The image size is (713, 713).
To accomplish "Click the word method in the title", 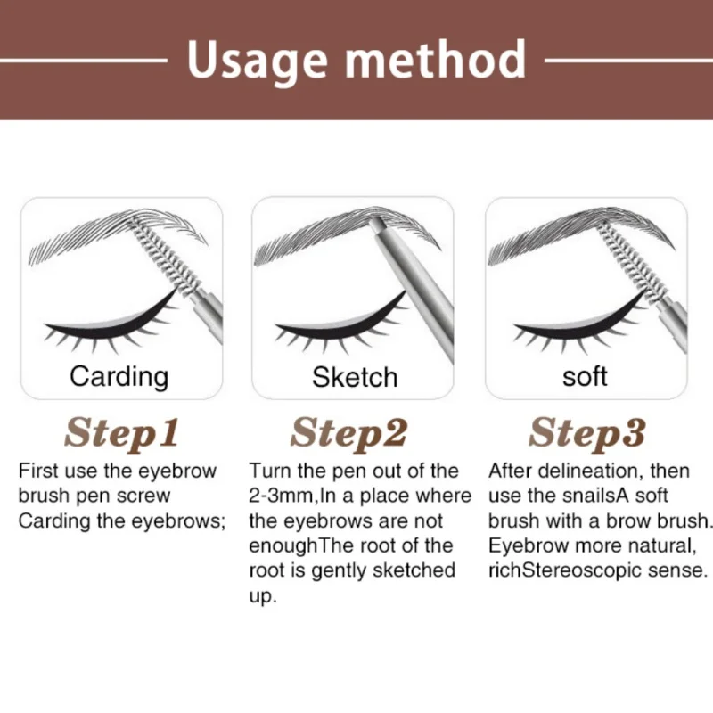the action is click(x=436, y=59).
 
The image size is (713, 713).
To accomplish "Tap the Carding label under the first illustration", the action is click(x=119, y=377).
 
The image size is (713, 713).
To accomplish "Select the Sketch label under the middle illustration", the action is click(x=355, y=377).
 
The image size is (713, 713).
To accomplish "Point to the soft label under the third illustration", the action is click(x=585, y=376).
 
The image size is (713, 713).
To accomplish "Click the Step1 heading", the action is click(x=121, y=433).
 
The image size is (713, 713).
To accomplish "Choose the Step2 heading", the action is click(x=348, y=433).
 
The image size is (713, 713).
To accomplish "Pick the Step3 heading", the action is click(x=587, y=433).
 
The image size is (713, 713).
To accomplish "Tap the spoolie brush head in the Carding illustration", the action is click(x=166, y=257).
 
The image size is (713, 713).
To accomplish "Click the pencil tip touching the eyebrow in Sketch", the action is click(x=375, y=223).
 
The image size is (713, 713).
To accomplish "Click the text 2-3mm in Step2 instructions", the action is click(x=282, y=496).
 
